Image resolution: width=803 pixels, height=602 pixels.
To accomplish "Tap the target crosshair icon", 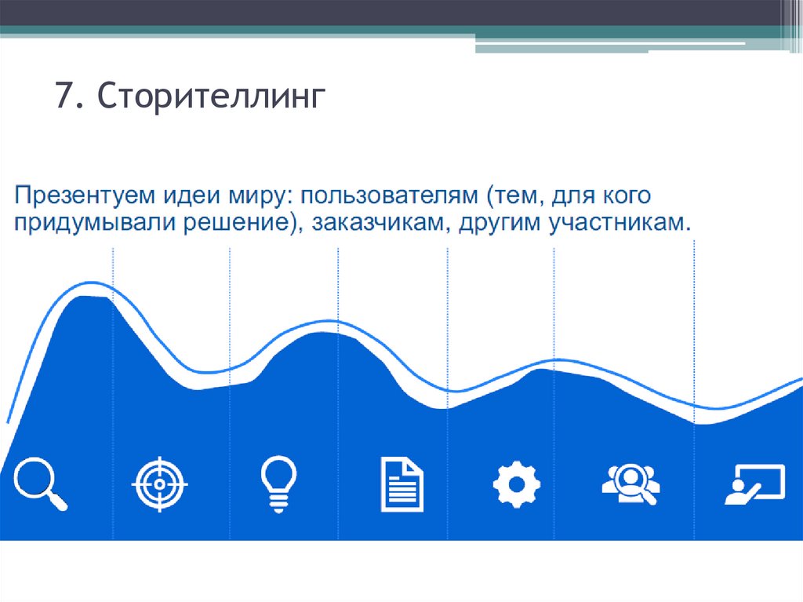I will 161,483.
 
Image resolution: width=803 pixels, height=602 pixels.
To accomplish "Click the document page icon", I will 401,484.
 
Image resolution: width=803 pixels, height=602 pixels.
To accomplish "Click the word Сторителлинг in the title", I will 211,99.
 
